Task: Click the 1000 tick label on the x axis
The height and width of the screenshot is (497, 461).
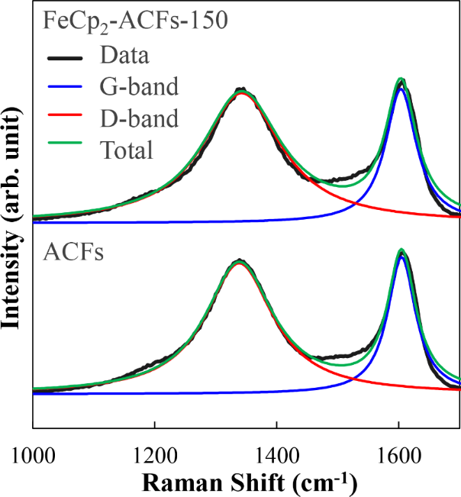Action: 32,451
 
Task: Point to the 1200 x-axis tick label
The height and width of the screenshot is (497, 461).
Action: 154,451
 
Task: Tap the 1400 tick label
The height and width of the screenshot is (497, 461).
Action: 276,451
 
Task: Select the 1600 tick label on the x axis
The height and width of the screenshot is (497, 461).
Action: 398,451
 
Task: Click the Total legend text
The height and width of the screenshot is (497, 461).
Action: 127,150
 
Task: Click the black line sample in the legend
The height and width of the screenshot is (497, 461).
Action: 64,56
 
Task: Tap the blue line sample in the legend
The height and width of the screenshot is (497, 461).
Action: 64,87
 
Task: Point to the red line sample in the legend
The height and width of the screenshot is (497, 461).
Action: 64,118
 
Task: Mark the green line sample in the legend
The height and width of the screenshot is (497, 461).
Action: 64,150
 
